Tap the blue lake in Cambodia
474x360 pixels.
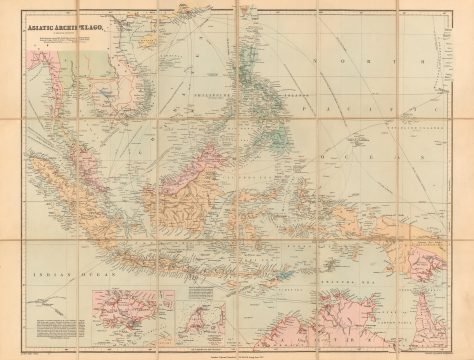105,99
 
